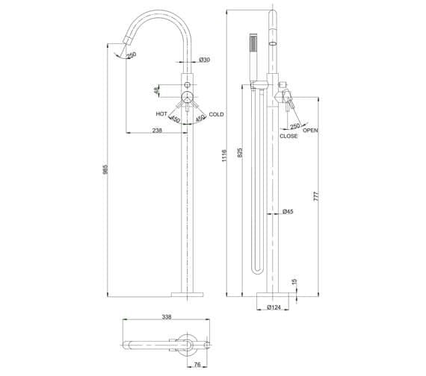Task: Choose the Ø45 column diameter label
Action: (x=288, y=213)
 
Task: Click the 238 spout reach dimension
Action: (x=157, y=130)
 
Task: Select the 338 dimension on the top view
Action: (x=166, y=317)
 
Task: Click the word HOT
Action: (x=161, y=113)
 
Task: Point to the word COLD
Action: (x=217, y=114)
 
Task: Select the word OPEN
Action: (x=311, y=131)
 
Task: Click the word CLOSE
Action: (x=288, y=137)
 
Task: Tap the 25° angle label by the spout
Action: (x=132, y=54)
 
